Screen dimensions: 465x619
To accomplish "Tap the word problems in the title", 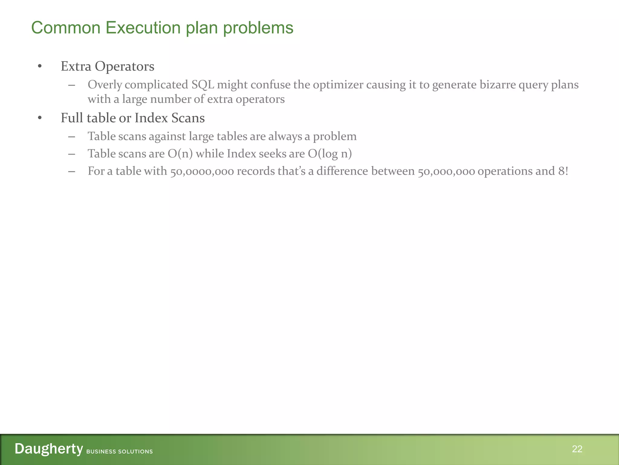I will [258, 28].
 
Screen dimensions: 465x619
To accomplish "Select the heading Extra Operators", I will [107, 66].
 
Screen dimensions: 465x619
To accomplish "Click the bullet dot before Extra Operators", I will [40, 66].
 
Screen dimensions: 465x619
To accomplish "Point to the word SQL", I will [203, 85].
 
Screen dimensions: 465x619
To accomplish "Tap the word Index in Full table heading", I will [151, 118].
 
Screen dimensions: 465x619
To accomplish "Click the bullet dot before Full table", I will [40, 118].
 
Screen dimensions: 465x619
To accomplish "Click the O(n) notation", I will [180, 154].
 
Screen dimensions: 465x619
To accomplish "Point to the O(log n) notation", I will [330, 154].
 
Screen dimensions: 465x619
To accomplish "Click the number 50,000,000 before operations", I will [446, 172].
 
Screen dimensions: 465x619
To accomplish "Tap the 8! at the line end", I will [563, 171].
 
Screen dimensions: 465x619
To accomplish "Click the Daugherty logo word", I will [49, 449].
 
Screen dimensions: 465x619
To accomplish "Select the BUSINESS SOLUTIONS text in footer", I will [119, 451].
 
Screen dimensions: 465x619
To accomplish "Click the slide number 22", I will [577, 449].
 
